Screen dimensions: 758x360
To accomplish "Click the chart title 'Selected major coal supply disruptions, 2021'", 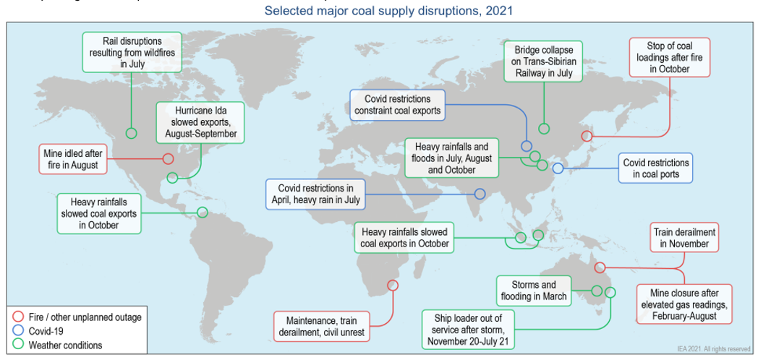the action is pos(389,11).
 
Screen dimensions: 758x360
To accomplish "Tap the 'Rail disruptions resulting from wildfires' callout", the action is pos(127,52).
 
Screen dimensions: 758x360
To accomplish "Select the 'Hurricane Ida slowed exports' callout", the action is pos(200,122).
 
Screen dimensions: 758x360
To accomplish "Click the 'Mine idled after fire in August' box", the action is pos(73,159).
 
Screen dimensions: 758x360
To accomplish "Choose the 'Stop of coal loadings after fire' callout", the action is pos(669,57).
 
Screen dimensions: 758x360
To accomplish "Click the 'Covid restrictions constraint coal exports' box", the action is pos(397,105).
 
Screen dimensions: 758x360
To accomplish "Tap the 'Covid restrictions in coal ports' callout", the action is pos(655,168).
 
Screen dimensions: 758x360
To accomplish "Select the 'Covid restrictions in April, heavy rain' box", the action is pos(315,194).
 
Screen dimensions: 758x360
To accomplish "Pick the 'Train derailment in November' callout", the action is pos(684,238).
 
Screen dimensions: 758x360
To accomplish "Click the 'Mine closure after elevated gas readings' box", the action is pos(684,304).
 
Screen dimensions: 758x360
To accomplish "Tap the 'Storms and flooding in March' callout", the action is pos(534,291).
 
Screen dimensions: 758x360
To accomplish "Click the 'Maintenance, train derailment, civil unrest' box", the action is pos(322,327).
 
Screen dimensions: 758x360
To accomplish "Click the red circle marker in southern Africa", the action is pos(393,285).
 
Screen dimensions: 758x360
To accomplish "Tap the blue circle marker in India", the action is pos(480,194).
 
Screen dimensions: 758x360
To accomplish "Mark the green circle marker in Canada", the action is pos(131,133).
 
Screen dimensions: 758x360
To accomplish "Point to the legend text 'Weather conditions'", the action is pos(65,345).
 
